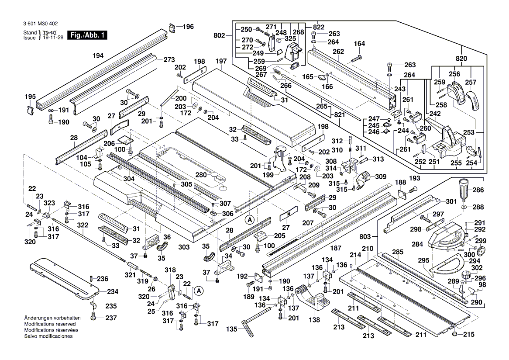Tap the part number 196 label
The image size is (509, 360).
[188, 27]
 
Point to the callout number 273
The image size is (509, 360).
[169, 59]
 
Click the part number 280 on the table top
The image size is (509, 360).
[200, 175]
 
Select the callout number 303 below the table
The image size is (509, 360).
[184, 247]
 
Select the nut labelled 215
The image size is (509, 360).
[455, 334]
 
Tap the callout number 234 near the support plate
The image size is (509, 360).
[113, 292]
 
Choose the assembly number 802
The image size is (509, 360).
[220, 35]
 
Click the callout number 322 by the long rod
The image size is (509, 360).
[83, 225]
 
